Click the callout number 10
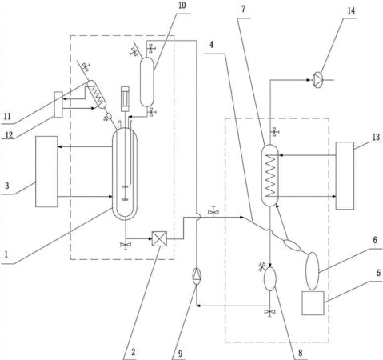click(182, 6)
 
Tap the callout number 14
click(351, 11)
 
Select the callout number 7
click(243, 10)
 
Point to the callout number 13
click(376, 137)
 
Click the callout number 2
click(134, 352)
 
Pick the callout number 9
click(181, 354)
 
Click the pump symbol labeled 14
click(317, 80)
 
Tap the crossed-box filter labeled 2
click(159, 238)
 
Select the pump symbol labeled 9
click(197, 276)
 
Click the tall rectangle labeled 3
click(46, 171)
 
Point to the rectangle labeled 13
click(345, 176)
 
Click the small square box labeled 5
click(313, 303)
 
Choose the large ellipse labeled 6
click(312, 271)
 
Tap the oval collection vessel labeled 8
click(269, 278)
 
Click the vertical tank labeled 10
click(147, 82)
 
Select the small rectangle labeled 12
click(58, 105)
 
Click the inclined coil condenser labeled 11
click(97, 94)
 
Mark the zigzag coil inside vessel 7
click(270, 176)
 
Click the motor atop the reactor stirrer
click(125, 98)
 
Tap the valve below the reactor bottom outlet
click(125, 245)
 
